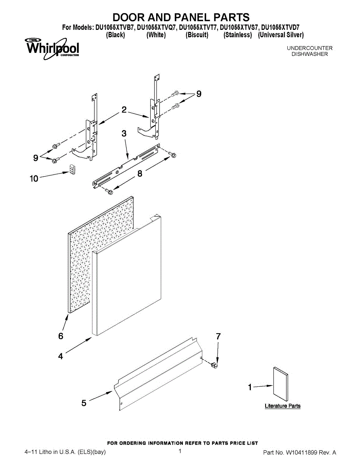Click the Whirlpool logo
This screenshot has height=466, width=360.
[x=52, y=49]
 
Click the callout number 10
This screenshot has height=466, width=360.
[x=34, y=179]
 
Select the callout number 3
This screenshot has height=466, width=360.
[x=124, y=134]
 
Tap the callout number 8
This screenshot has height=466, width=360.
[x=140, y=174]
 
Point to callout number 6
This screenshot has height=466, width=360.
[x=61, y=336]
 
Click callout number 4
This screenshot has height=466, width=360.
[x=61, y=356]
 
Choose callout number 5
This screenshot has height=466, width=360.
[x=84, y=403]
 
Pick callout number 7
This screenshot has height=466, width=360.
[x=218, y=337]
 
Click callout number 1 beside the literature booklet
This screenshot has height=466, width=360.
[x=250, y=387]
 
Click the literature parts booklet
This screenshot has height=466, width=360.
[x=280, y=384]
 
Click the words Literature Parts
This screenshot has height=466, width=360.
[x=282, y=406]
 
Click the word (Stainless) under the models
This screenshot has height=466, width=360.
[x=238, y=35]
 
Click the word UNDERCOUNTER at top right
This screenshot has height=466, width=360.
[x=310, y=48]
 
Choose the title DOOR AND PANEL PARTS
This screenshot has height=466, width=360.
[x=181, y=17]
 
